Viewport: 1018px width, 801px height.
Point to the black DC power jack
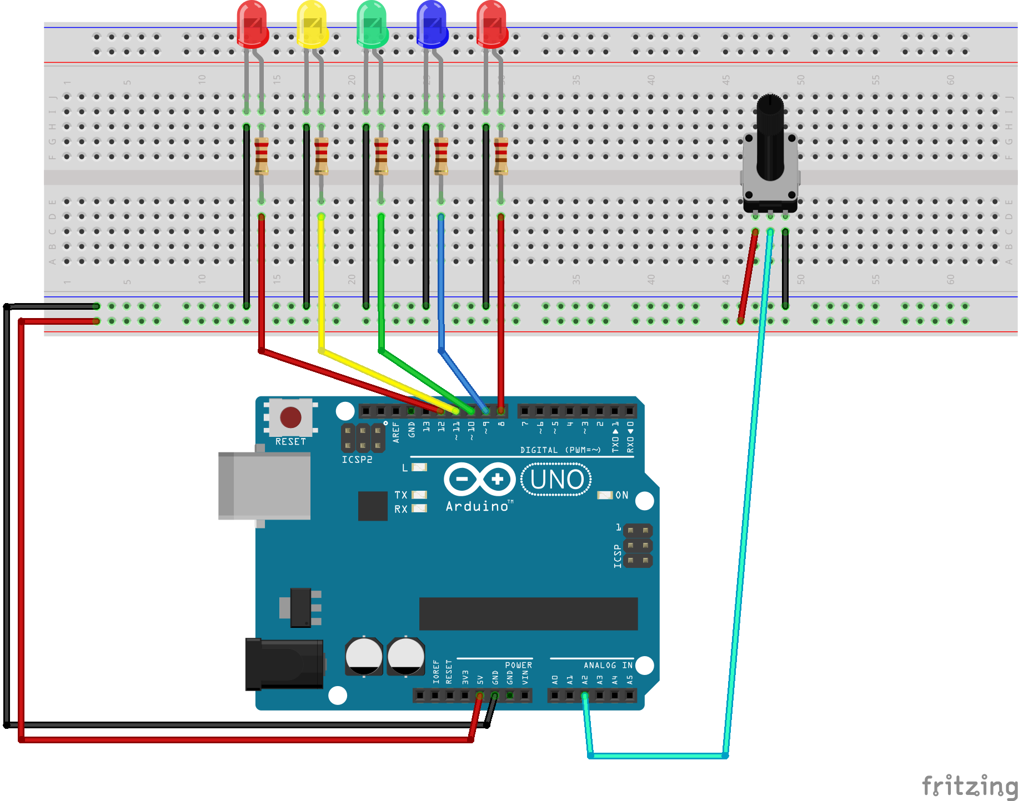284,664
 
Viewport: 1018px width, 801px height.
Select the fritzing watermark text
969,786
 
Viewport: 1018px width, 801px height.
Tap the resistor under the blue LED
441,156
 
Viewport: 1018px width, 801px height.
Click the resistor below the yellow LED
321,156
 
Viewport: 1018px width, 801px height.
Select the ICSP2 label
357,460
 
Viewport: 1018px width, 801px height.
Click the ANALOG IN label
608,665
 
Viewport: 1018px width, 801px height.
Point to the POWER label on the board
518,665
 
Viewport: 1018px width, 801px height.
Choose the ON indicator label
621,495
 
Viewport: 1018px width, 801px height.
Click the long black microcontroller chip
528,613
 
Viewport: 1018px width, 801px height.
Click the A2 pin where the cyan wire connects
584,695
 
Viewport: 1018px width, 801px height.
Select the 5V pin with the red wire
479,695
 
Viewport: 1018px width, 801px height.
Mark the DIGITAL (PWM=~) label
560,450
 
